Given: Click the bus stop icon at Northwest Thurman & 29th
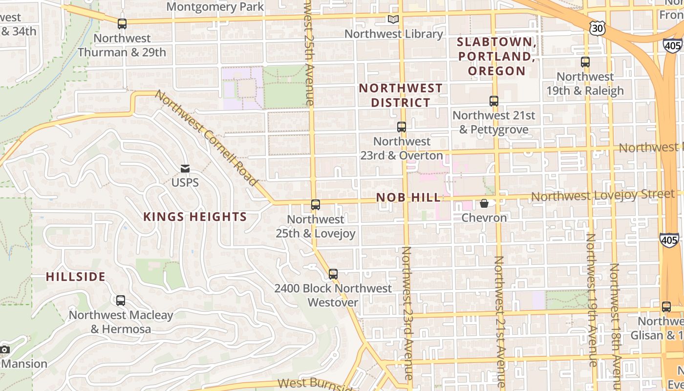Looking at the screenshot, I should [x=122, y=23].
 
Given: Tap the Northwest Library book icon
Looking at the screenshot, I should [x=393, y=20].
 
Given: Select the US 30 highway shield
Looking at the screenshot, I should [x=597, y=29].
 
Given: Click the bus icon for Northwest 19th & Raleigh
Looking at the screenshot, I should [x=585, y=62].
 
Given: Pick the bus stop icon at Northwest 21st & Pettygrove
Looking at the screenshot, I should [x=494, y=101].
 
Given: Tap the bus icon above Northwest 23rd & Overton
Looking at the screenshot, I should [x=402, y=127].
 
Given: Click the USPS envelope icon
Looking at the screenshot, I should [x=185, y=169].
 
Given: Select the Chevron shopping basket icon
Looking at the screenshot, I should [x=484, y=203].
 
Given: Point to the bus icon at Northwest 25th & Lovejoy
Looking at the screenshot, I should [x=316, y=205].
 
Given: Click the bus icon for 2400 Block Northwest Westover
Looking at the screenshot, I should [x=333, y=274].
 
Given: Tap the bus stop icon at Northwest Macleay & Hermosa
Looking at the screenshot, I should [x=121, y=301].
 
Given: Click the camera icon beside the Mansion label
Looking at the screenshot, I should [x=4, y=349].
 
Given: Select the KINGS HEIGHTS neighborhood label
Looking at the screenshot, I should [x=195, y=217].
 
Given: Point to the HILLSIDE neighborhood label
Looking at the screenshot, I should [x=76, y=277].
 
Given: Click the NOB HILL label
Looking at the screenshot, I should [x=408, y=197].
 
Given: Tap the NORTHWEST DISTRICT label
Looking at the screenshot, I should [x=401, y=95].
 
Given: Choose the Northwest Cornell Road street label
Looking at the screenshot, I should [x=207, y=138].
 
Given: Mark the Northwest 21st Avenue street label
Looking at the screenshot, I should [x=499, y=323].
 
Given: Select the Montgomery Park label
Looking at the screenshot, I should [x=215, y=7].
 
